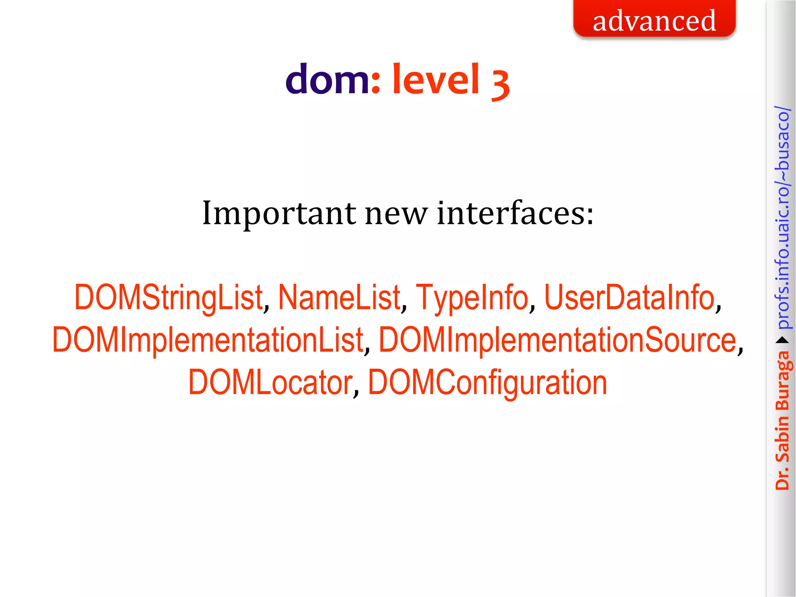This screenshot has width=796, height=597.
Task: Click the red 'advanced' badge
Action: point(655,19)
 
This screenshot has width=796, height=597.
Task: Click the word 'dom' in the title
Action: point(327,80)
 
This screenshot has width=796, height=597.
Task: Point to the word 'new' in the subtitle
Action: point(396,214)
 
